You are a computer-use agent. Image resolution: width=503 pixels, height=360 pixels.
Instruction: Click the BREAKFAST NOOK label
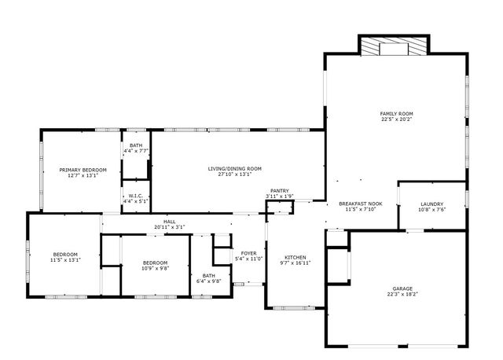point(361,204)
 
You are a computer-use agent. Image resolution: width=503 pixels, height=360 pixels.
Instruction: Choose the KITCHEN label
point(296,258)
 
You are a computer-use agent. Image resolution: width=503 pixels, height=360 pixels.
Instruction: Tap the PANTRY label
point(280,190)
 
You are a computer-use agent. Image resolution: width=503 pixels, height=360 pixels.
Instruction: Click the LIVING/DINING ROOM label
point(235,168)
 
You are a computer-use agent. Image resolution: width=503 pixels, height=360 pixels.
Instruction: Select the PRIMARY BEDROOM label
point(83,170)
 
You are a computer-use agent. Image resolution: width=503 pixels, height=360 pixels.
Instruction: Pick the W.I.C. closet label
point(136,196)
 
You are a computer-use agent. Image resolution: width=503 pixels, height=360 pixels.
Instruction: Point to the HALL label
point(169,222)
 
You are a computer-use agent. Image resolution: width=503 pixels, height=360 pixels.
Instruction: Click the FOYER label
point(248,253)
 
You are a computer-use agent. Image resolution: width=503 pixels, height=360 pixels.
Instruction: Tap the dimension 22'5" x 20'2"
point(396,119)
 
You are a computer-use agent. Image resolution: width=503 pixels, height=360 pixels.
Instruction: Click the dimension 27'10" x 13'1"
point(235,174)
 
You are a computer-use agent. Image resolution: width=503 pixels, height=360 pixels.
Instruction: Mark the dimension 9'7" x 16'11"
point(296,263)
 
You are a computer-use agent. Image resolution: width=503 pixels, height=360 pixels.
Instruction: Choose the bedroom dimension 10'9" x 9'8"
point(155,268)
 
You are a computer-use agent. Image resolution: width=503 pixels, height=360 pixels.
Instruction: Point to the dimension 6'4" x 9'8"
point(209,281)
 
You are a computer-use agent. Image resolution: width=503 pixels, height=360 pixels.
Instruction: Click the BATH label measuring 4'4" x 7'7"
point(136,145)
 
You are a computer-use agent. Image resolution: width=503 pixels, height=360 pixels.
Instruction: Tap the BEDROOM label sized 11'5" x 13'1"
point(65,254)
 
